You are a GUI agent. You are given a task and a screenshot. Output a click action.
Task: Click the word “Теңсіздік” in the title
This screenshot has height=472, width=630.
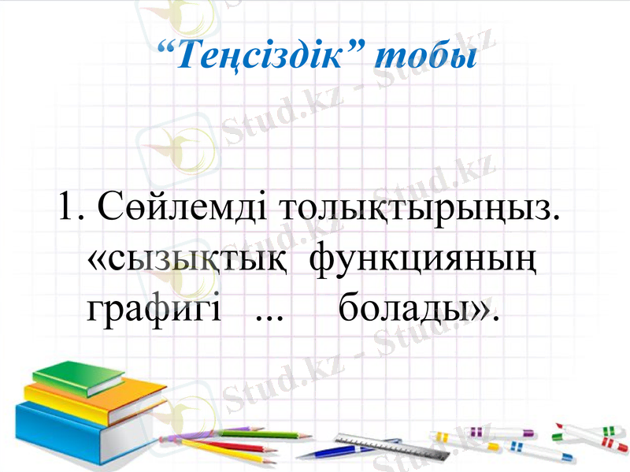tap(259, 57)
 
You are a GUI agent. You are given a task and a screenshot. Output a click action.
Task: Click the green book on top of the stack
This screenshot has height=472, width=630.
tap(79, 377)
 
